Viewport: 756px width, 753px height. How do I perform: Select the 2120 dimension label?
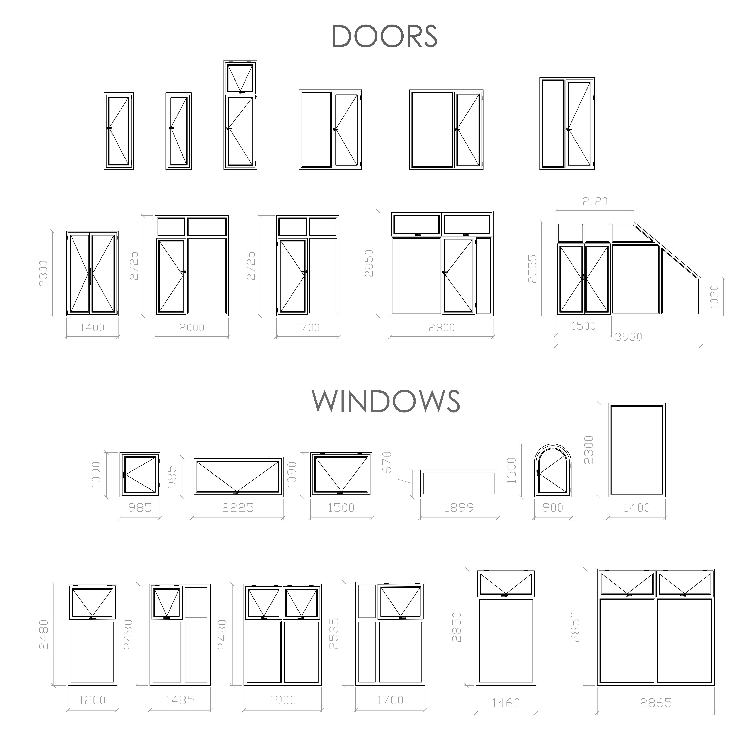[x=595, y=201]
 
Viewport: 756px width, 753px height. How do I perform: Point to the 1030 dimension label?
[x=715, y=297]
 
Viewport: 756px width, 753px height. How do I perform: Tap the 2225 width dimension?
[x=238, y=508]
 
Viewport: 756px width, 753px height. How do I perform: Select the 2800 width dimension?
[x=441, y=327]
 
